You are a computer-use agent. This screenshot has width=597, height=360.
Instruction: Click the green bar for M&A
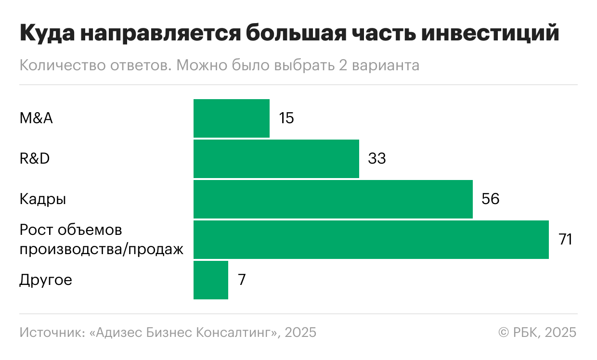point(231,118)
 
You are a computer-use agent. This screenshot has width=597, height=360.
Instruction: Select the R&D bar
point(276,159)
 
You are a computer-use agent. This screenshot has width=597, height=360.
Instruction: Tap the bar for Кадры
point(333,199)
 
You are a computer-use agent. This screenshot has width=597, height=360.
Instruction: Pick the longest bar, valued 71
point(371,240)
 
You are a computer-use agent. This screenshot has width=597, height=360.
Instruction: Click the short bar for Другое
point(210,280)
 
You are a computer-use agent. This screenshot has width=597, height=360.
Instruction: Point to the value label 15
point(286,118)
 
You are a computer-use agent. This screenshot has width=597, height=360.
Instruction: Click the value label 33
point(376,159)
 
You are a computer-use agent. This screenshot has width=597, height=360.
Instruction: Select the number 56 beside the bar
point(490,199)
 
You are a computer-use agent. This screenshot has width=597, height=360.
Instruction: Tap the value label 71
point(565,240)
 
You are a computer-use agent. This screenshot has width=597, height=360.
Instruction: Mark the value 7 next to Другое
point(242,280)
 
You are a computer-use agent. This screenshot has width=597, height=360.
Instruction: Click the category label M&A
point(36,118)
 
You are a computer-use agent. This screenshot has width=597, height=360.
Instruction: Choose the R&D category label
point(35,159)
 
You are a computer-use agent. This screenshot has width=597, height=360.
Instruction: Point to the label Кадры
point(43,199)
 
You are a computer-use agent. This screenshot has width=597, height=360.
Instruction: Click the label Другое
point(46,280)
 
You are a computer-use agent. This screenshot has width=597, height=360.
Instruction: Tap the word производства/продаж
point(102,250)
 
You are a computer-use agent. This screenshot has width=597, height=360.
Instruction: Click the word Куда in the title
point(46,34)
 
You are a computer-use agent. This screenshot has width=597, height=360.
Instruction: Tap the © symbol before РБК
point(504,333)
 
